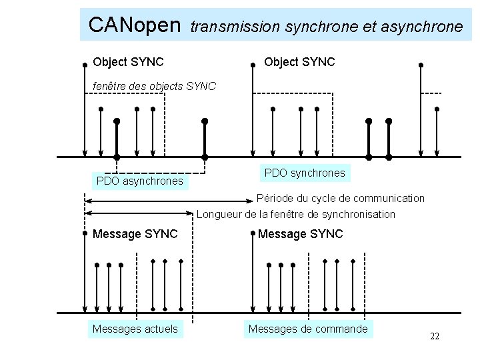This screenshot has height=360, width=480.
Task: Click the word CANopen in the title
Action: tap(135, 25)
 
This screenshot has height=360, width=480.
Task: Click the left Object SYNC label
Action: tap(128, 62)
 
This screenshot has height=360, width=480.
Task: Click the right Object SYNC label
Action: tap(299, 62)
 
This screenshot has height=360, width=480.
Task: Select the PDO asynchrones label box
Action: tap(139, 181)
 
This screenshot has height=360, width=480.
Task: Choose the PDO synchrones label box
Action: tap(305, 173)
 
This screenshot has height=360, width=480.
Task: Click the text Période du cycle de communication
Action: tap(341, 198)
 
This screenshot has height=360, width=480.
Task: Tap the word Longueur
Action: tap(219, 215)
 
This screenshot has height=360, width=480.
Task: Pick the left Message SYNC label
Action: tap(135, 234)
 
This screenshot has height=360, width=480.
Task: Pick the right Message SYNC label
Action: tap(300, 234)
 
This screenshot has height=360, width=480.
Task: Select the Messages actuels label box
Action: tap(135, 329)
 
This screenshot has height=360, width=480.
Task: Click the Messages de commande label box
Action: tap(307, 329)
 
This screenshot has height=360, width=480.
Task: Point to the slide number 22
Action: tap(435, 336)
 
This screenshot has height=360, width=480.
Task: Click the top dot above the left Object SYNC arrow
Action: tap(85, 65)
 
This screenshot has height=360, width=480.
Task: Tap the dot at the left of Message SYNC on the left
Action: tap(85, 234)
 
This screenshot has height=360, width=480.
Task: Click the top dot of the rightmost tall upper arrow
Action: tap(421, 65)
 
